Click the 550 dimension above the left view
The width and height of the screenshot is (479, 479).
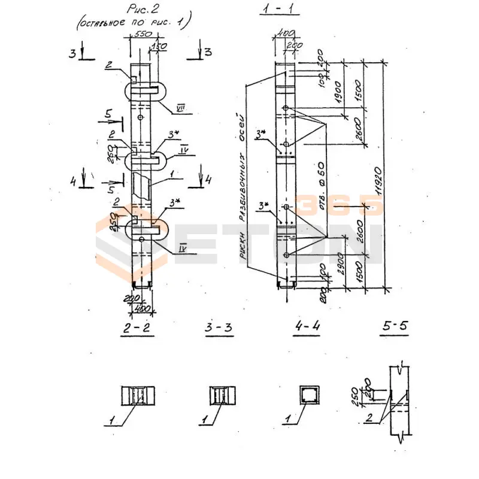(142, 34)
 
